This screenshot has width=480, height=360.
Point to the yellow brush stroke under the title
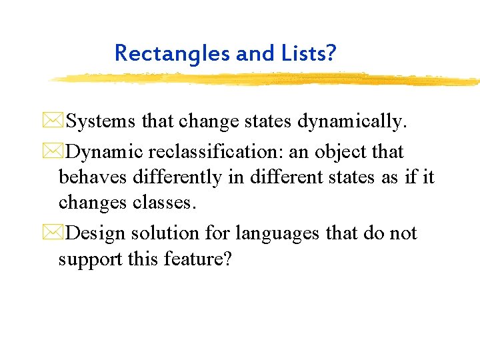click(x=267, y=79)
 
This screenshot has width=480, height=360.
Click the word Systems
click(x=103, y=122)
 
